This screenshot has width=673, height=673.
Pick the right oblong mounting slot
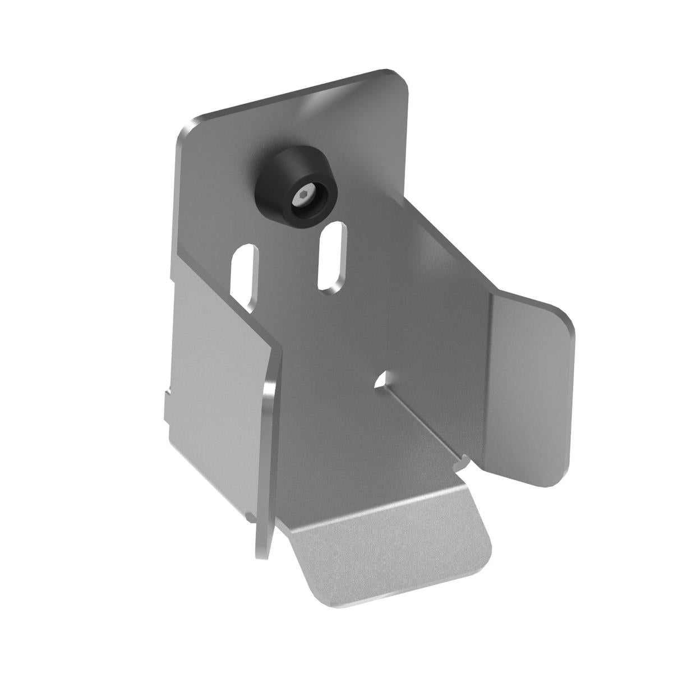pos(331,255)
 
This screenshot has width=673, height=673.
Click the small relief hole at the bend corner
pos(382,380)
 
